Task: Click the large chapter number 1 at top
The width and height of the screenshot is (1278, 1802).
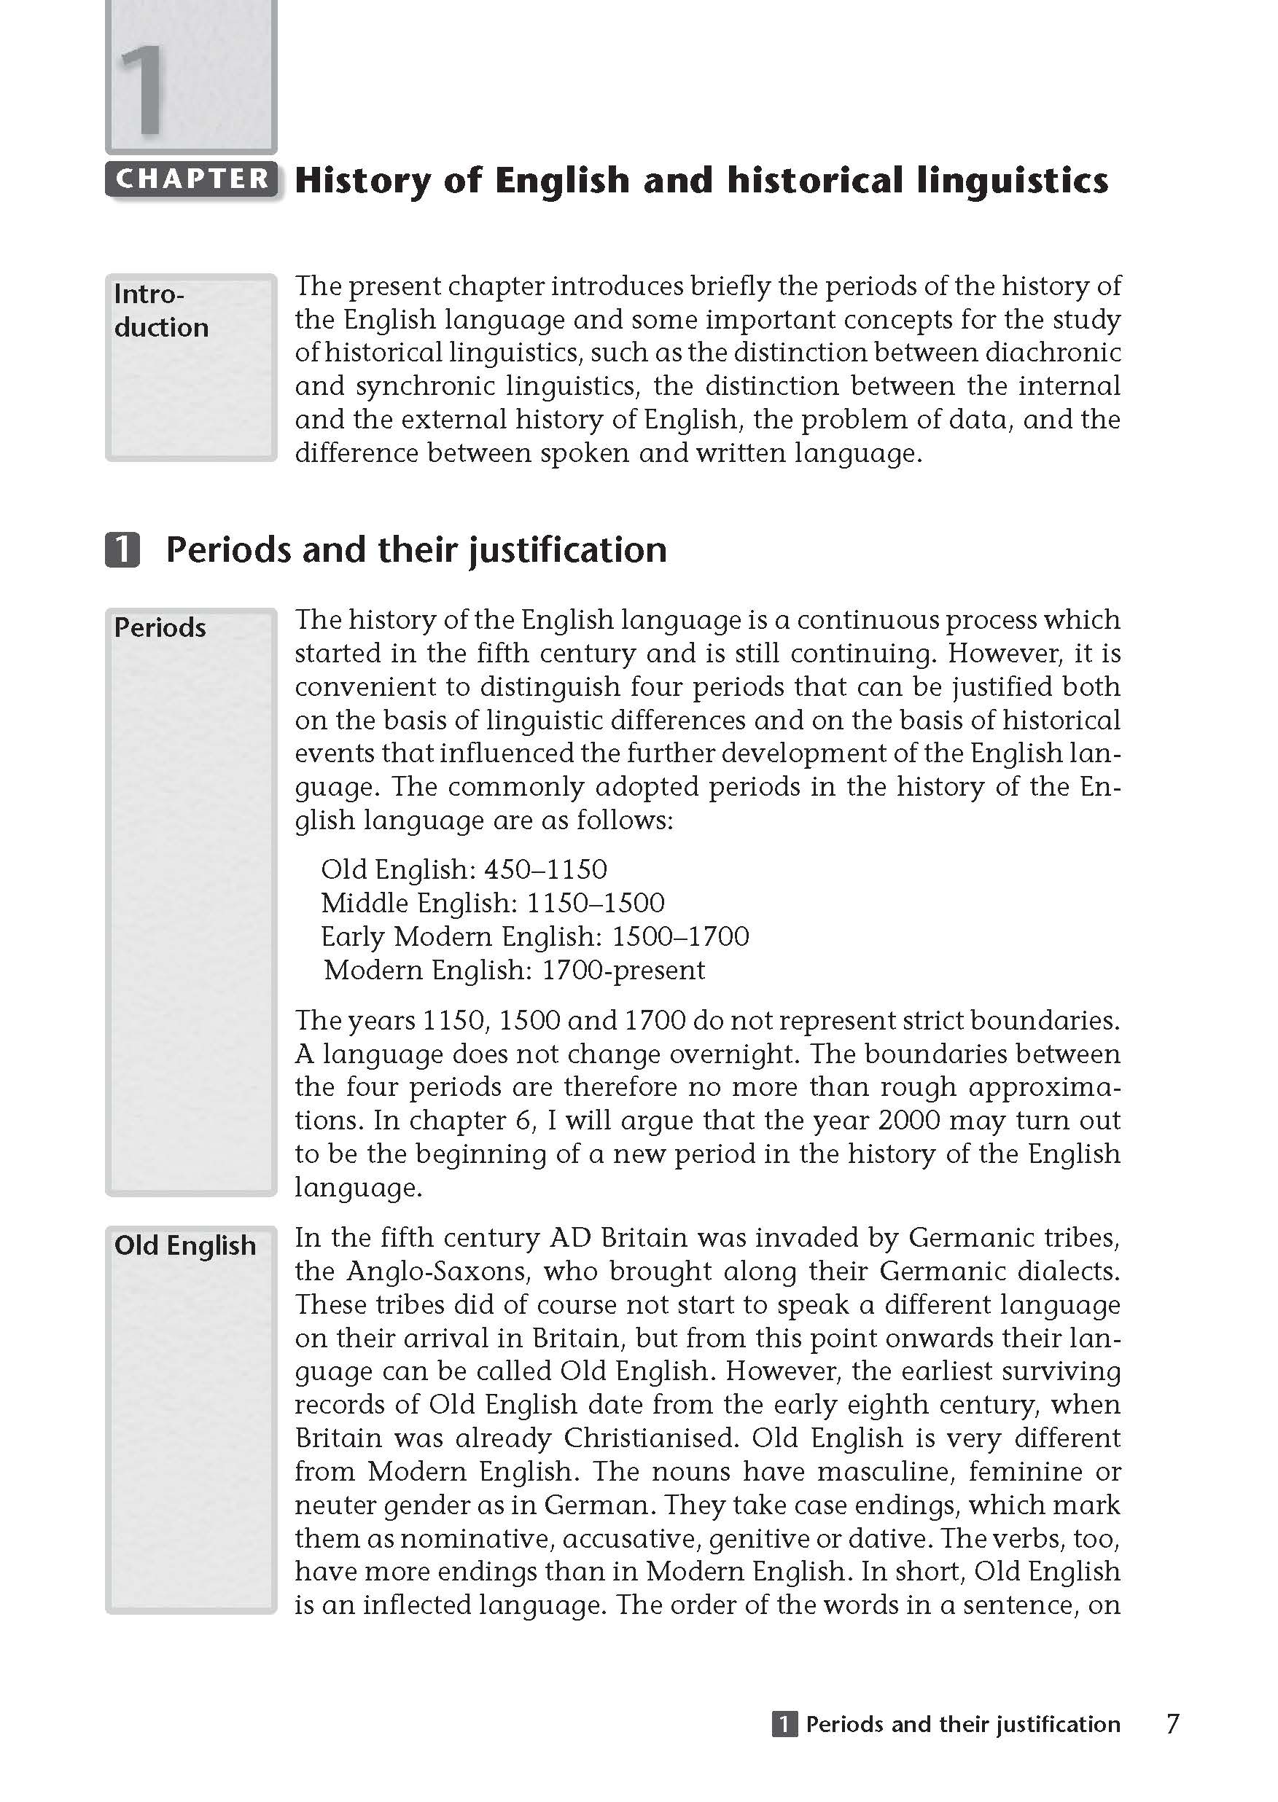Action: (x=142, y=90)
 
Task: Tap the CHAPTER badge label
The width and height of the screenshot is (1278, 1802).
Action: (x=191, y=179)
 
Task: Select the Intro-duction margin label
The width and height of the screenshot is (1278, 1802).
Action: (x=161, y=310)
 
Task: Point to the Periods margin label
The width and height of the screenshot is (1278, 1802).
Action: (x=160, y=627)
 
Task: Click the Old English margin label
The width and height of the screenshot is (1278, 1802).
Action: (x=185, y=1245)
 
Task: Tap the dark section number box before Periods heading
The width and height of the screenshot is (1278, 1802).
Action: (x=122, y=550)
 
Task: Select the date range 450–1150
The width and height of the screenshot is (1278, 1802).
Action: (x=545, y=869)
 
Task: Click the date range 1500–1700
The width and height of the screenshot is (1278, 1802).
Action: (x=680, y=936)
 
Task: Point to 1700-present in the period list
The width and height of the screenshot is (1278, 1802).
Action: (x=623, y=970)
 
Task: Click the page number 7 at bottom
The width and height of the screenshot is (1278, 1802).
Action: (x=1172, y=1724)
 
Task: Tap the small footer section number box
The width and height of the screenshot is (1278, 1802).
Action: (x=784, y=1724)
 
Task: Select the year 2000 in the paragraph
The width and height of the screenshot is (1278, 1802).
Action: (x=909, y=1120)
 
